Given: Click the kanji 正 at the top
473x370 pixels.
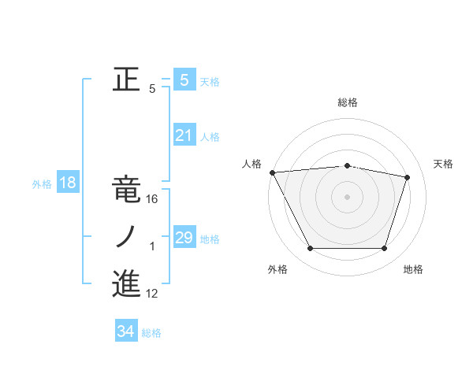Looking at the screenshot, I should (x=126, y=80).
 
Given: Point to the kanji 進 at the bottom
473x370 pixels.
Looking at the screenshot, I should (x=126, y=283).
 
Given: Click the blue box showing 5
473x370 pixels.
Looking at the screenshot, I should (x=184, y=80).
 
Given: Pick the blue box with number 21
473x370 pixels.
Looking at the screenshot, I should (x=184, y=135).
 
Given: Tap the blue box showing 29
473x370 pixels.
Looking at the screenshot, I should (x=184, y=237).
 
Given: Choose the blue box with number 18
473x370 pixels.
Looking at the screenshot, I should (x=68, y=183).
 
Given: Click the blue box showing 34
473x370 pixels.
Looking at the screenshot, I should (x=126, y=331).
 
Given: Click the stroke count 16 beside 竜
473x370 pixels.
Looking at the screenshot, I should (x=153, y=199).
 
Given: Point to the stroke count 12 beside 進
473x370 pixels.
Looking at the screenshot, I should (x=153, y=294).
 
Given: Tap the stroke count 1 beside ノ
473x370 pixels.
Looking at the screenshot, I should (x=152, y=246).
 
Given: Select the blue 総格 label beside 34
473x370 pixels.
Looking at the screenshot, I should (x=151, y=333).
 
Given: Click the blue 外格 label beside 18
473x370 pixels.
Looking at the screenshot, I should (x=42, y=184).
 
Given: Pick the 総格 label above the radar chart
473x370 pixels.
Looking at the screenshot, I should (x=348, y=102).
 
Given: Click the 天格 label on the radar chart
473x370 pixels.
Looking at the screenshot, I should (x=444, y=164).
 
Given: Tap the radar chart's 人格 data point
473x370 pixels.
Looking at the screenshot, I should (x=272, y=172).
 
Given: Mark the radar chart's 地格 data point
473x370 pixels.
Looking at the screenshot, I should (x=384, y=249).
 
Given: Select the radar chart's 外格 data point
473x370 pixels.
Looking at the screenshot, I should (x=310, y=249).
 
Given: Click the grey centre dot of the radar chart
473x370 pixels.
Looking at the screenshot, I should (x=347, y=197).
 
